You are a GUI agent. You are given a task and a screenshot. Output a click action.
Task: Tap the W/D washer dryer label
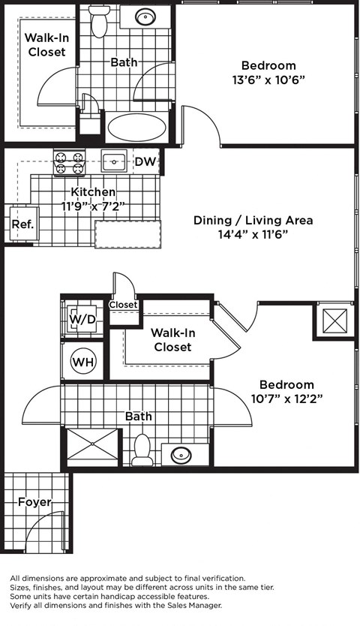[82, 320]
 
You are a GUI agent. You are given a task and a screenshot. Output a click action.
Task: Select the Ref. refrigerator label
[20, 224]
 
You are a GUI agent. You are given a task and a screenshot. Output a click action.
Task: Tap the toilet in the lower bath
[142, 450]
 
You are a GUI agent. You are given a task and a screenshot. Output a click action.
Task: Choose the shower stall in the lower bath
[93, 447]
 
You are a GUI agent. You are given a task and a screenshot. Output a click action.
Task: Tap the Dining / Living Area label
[253, 220]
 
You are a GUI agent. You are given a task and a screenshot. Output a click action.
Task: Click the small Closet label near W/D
[123, 305]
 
